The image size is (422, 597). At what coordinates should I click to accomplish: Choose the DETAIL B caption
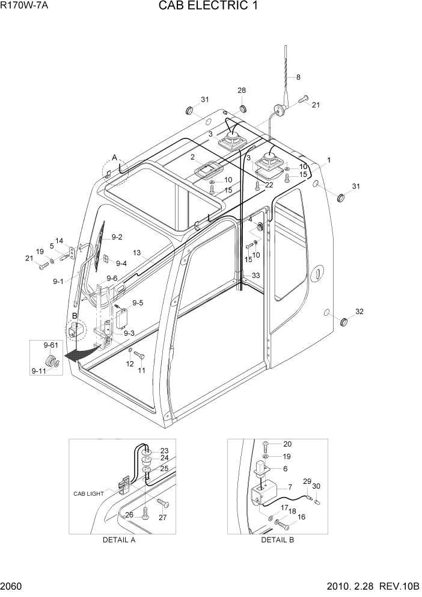(x=277, y=540)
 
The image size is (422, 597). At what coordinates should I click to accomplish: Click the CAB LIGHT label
(x=89, y=493)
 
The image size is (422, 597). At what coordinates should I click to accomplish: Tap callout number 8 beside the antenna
(x=298, y=77)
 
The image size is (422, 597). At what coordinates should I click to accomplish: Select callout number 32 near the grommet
(x=359, y=311)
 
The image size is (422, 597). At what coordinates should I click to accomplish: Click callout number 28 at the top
(x=242, y=90)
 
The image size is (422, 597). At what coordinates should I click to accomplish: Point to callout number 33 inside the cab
(x=256, y=275)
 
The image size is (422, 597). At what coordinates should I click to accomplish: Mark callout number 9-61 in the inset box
(x=50, y=345)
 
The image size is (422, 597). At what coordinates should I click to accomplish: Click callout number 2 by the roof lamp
(x=193, y=156)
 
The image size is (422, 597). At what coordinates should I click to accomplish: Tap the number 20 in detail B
(x=287, y=444)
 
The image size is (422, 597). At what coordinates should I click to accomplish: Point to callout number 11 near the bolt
(x=142, y=370)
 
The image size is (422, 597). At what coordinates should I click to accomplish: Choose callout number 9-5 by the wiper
(x=138, y=303)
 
